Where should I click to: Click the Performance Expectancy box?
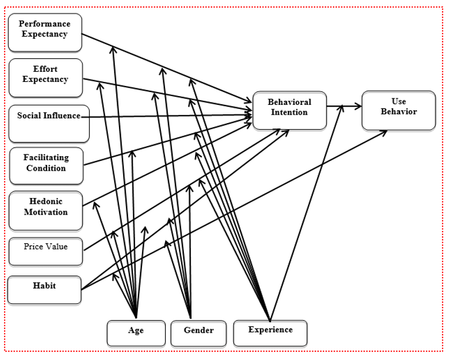pyautogui.click(x=45, y=32)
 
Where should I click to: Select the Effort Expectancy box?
pyautogui.click(x=46, y=78)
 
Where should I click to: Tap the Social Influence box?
pyautogui.click(x=49, y=124)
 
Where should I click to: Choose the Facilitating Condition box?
pyautogui.click(x=47, y=166)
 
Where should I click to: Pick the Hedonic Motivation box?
pyautogui.click(x=46, y=211)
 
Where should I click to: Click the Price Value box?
pyautogui.click(x=46, y=252)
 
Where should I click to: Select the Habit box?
pyautogui.click(x=44, y=290)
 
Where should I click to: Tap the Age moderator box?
pyautogui.click(x=136, y=333)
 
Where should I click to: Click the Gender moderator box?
pyautogui.click(x=199, y=333)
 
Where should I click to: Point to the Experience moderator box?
pyautogui.click(x=270, y=333)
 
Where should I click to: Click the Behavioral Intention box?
pyautogui.click(x=289, y=111)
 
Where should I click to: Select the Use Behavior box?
pyautogui.click(x=398, y=111)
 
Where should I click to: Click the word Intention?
pyautogui.click(x=289, y=113)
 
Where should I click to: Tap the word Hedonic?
pyautogui.click(x=46, y=202)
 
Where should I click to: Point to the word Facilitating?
pyautogui.click(x=46, y=158)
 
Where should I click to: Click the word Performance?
pyautogui.click(x=45, y=24)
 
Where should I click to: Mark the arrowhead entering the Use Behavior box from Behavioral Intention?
pyautogui.click(x=358, y=106)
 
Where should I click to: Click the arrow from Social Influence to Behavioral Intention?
pyautogui.click(x=167, y=116)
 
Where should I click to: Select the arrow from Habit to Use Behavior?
pyautogui.click(x=235, y=210)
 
